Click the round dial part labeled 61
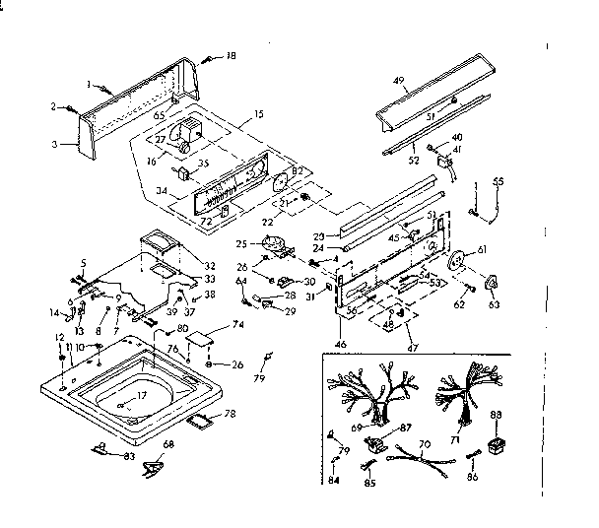456,264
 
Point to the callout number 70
425,445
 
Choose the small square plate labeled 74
202,338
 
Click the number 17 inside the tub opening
141,395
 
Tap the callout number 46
341,344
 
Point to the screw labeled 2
72,108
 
